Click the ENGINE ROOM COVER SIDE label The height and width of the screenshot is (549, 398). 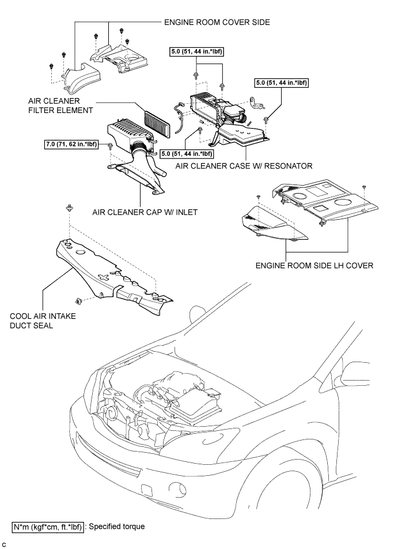pyautogui.click(x=217, y=22)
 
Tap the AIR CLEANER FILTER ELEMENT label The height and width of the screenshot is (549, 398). pyautogui.click(x=60, y=106)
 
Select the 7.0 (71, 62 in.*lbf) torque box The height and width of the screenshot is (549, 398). pyautogui.click(x=71, y=144)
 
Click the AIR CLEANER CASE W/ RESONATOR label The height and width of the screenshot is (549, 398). pyautogui.click(x=244, y=166)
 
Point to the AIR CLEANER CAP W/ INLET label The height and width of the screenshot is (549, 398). pyautogui.click(x=145, y=212)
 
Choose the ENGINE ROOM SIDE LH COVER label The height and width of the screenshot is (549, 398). pyautogui.click(x=314, y=265)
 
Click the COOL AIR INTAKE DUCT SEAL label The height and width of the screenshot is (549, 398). pyautogui.click(x=43, y=321)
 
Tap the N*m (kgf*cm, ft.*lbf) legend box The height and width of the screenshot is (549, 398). pyautogui.click(x=48, y=527)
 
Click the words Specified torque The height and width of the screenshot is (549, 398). pyautogui.click(x=117, y=527)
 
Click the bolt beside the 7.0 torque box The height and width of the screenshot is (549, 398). pyautogui.click(x=110, y=146)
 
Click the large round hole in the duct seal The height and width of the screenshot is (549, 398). pyautogui.click(x=81, y=253)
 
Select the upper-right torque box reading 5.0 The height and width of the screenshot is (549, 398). pyautogui.click(x=282, y=82)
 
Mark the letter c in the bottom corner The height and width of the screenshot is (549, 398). pyautogui.click(x=3, y=544)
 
